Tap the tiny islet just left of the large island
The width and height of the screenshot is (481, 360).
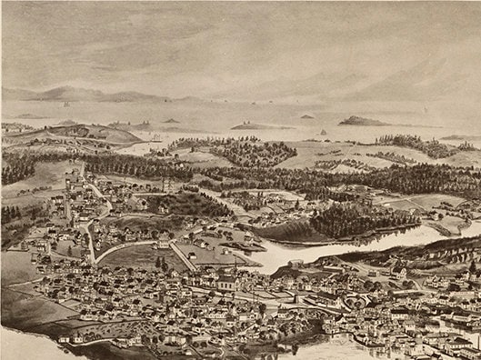[307, 116]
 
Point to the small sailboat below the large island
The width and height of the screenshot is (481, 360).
[324, 133]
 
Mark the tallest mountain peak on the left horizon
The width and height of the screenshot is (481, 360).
[63, 90]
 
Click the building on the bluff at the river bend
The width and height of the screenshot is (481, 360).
[295, 265]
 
